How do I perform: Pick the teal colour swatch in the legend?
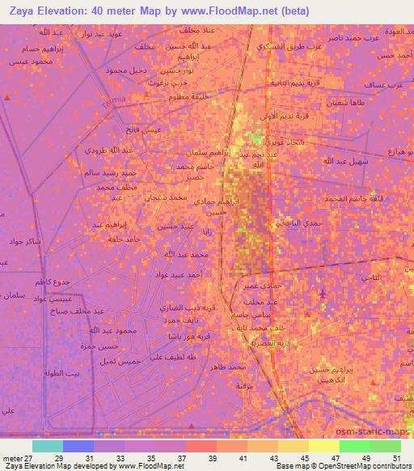pyautogui.click(x=47, y=445)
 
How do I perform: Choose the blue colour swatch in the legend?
pyautogui.click(x=78, y=445)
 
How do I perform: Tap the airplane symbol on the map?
pyautogui.click(x=324, y=292)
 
